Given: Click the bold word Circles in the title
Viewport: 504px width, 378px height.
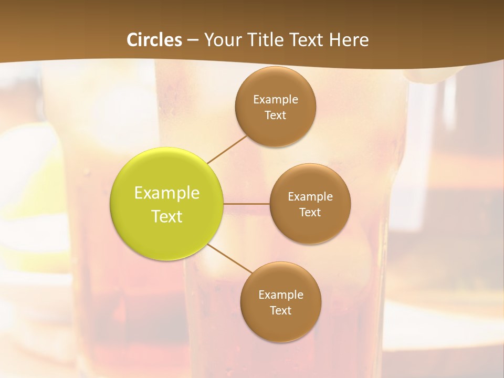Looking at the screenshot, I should pyautogui.click(x=154, y=40).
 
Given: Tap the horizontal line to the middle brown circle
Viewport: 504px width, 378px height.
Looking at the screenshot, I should pyautogui.click(x=247, y=204).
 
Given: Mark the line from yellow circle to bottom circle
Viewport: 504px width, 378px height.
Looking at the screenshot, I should pyautogui.click(x=229, y=259).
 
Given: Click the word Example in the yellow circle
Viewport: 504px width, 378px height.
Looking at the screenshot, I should pyautogui.click(x=167, y=193).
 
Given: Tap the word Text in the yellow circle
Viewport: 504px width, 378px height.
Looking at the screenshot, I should pyautogui.click(x=167, y=216).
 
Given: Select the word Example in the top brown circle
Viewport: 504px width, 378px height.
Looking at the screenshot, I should pyautogui.click(x=276, y=99).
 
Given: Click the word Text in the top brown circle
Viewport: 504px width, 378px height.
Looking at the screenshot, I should pyautogui.click(x=276, y=115).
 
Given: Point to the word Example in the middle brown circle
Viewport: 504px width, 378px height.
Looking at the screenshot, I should pyautogui.click(x=310, y=197).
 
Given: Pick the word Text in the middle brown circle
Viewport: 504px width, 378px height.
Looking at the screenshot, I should pyautogui.click(x=310, y=213).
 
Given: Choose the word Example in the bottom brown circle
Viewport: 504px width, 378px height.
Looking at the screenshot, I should pyautogui.click(x=281, y=295).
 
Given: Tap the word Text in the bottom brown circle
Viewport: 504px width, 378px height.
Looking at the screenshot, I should pyautogui.click(x=281, y=310).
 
